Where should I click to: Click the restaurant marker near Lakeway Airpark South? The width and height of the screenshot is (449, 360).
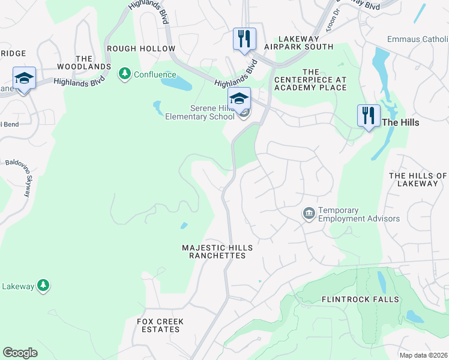[244, 39]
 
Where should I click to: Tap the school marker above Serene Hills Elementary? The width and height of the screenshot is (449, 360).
[239, 98]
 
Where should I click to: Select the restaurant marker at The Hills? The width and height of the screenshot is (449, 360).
[369, 115]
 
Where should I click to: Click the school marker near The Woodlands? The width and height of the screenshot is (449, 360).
[24, 79]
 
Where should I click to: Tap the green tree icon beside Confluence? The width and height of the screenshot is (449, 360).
[125, 74]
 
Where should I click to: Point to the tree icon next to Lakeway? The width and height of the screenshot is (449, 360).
[43, 286]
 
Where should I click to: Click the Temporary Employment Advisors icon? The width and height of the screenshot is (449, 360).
[309, 214]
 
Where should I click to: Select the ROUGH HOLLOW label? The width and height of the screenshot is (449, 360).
[140, 49]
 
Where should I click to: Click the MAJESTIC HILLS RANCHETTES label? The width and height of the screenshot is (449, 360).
[217, 251]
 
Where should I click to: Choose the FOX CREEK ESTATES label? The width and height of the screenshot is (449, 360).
[160, 325]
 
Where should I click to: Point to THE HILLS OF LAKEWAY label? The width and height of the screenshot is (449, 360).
[418, 179]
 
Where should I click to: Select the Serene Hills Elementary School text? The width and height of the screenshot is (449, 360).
[199, 112]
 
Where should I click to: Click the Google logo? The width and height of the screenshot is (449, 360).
[20, 352]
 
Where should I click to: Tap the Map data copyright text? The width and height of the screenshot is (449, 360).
[423, 355]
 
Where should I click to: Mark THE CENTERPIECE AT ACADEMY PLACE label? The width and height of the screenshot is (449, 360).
[310, 80]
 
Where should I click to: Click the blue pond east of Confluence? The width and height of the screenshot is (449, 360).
[176, 84]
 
